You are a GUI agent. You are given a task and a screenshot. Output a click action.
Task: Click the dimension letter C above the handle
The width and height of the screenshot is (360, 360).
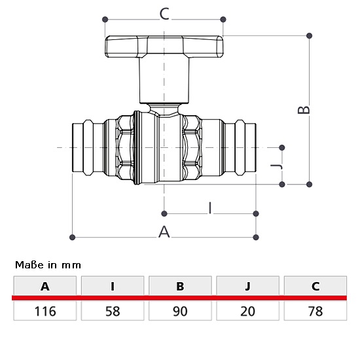point(164,14)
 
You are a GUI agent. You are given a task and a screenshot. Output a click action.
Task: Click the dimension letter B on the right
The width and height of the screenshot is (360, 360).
point(304,109)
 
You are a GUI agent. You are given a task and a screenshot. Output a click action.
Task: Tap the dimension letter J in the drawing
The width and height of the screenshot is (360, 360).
point(276,166)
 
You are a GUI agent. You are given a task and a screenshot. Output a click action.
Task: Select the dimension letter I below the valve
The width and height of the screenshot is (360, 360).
point(210,208)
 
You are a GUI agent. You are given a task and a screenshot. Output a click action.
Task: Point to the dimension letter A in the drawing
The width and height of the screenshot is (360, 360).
point(164,232)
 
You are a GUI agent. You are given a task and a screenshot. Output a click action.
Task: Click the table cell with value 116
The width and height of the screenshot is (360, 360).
point(45,311)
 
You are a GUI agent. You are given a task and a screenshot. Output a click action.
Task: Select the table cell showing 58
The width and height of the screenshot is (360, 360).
point(113,311)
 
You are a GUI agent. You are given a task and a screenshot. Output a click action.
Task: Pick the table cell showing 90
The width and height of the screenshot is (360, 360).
point(180,311)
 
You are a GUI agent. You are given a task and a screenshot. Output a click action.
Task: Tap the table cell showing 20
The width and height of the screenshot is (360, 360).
point(247,311)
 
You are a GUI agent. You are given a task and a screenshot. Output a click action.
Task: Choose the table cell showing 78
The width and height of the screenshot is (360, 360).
point(315,311)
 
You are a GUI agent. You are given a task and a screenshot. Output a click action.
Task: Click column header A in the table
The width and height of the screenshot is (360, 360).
point(45,286)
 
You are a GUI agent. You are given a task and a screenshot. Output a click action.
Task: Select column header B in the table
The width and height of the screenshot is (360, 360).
point(180,286)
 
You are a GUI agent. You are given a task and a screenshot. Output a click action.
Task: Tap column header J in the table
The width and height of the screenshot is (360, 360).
point(247,286)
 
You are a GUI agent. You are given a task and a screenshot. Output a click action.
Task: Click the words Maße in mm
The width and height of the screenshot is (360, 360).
point(48,265)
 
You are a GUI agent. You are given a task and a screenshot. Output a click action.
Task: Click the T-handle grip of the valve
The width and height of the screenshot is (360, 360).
point(164,46)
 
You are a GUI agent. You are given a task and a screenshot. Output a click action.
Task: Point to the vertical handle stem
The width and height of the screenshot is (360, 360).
point(164,81)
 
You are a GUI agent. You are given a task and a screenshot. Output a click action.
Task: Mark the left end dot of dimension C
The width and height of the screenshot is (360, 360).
point(105,19)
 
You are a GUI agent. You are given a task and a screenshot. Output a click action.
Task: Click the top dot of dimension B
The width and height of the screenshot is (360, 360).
point(309,35)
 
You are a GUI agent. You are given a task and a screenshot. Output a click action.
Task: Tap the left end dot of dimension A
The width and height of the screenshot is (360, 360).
point(72,237)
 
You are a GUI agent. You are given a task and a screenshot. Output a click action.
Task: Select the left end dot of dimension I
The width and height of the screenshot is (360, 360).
point(164,214)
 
